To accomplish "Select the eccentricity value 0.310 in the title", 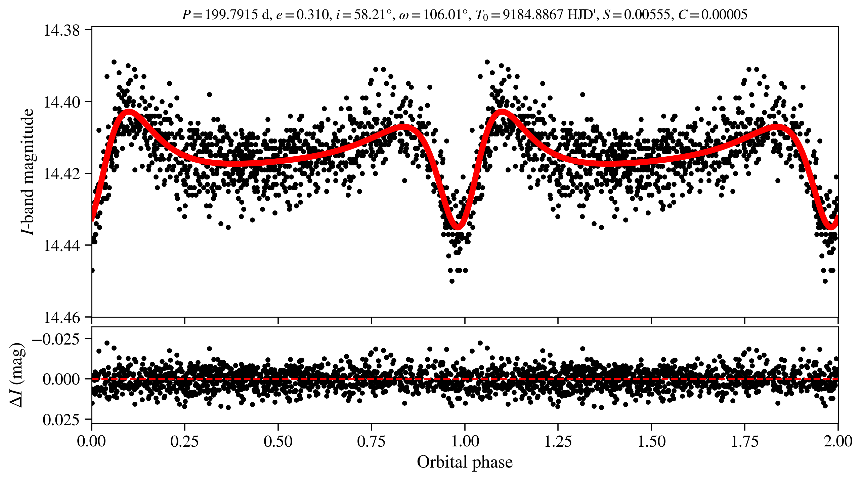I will pyautogui.click(x=312, y=15).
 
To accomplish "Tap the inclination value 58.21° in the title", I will pyautogui.click(x=373, y=15).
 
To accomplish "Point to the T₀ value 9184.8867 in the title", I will pyautogui.click(x=532, y=15).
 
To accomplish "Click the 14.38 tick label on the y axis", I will pyautogui.click(x=62, y=30).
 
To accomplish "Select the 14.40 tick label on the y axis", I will pyautogui.click(x=62, y=102).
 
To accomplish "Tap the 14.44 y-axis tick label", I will pyautogui.click(x=62, y=246).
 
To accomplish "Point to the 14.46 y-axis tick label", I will pyautogui.click(x=62, y=317).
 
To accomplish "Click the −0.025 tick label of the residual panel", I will pyautogui.click(x=56, y=339).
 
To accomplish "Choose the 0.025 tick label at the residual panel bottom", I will pyautogui.click(x=61, y=419).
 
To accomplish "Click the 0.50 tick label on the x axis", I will pyautogui.click(x=278, y=441).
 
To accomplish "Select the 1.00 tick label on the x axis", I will pyautogui.click(x=465, y=441).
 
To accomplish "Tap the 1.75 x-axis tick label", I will pyautogui.click(x=745, y=441).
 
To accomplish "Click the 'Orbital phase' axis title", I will pyautogui.click(x=465, y=462).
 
